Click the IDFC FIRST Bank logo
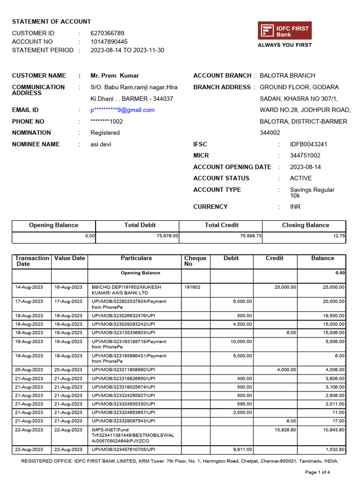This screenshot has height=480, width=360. tap(285, 31)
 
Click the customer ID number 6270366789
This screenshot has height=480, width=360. tap(107, 33)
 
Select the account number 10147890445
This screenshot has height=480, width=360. tap(109, 42)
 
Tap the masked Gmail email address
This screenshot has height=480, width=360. tap(122, 110)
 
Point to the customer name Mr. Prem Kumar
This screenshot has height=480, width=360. tap(115, 75)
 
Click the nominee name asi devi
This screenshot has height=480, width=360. tap(101, 144)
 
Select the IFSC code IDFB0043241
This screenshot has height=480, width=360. tap(308, 144)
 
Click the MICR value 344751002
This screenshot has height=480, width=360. tap(305, 156)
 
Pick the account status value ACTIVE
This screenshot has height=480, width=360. tap(300, 178)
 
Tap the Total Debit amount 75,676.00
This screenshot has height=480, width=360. tap(167, 236)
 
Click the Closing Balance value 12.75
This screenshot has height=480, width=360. tap(339, 236)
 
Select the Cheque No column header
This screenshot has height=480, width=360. tap(195, 261)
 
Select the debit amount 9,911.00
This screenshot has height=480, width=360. tap(242, 450)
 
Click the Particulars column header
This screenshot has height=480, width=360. tap(136, 258)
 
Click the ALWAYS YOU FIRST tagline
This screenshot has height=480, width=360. tap(285, 45)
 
